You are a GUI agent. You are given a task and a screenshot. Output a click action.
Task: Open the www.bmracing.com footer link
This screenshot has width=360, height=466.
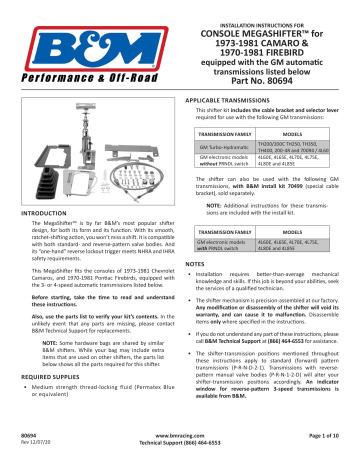pyautogui.click(x=181, y=436)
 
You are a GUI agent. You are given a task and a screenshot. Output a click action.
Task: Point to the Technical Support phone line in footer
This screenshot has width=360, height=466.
pyautogui.click(x=181, y=444)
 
